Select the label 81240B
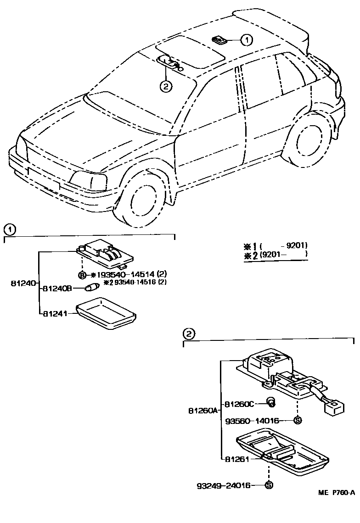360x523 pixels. pos(56,289)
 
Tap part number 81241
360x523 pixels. pos(54,314)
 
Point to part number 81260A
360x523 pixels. pos(202,411)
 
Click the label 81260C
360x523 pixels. pos(239,404)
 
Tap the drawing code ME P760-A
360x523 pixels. pos(337,493)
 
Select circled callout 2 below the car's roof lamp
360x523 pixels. pos(166,85)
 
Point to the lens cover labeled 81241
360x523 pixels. pos(106,314)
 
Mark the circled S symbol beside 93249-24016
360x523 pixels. pos(269,485)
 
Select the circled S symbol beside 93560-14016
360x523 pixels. pos(297,420)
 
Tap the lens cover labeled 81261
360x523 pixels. pos(282,452)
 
